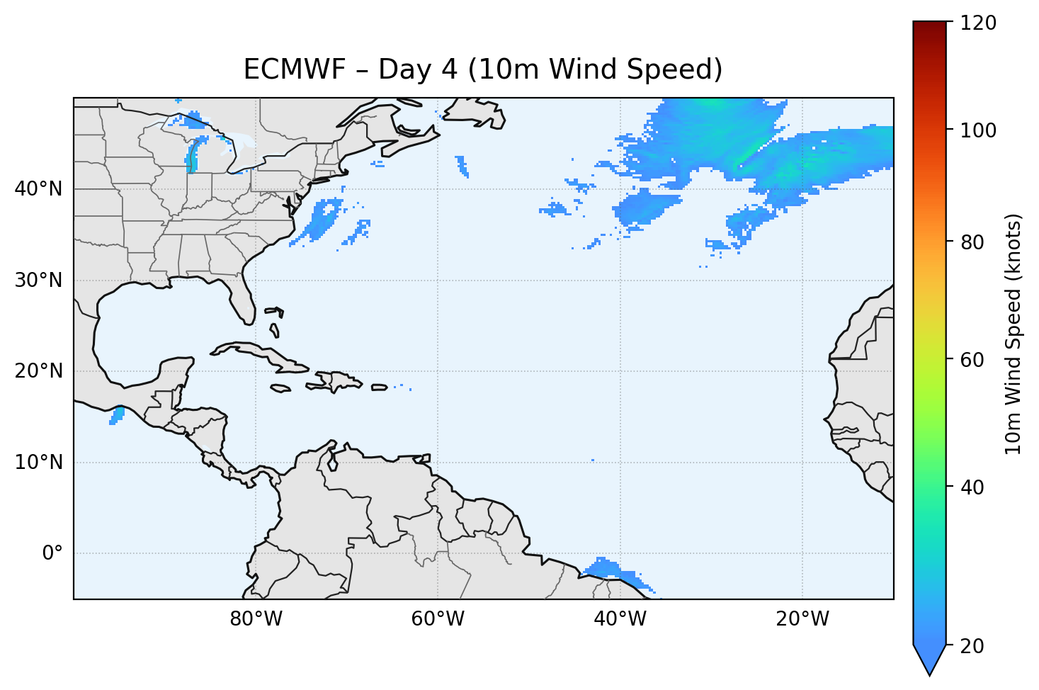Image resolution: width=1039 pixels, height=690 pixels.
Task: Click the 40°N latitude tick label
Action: [x=38, y=189]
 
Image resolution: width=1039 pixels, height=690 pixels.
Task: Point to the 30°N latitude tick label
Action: [x=38, y=281]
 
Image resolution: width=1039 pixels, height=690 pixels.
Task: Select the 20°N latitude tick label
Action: [x=38, y=371]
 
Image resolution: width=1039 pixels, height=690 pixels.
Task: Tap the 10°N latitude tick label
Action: [x=38, y=463]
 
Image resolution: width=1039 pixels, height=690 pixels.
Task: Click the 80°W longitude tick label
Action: [x=256, y=619]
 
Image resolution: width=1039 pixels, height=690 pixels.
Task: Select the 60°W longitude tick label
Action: [x=438, y=619]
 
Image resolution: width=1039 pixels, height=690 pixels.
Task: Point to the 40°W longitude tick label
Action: [x=620, y=619]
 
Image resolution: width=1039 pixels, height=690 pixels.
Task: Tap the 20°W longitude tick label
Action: [x=802, y=619]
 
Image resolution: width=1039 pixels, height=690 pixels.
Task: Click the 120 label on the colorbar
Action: [x=978, y=23]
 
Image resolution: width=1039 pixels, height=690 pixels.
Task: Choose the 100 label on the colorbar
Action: [x=978, y=130]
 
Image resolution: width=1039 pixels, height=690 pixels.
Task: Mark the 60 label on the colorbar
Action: [x=974, y=360]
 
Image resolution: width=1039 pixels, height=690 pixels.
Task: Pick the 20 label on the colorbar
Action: [x=974, y=646]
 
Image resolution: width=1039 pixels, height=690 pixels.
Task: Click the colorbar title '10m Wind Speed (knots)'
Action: [x=1014, y=334]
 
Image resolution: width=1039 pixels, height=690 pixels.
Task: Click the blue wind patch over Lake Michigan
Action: [x=192, y=156]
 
